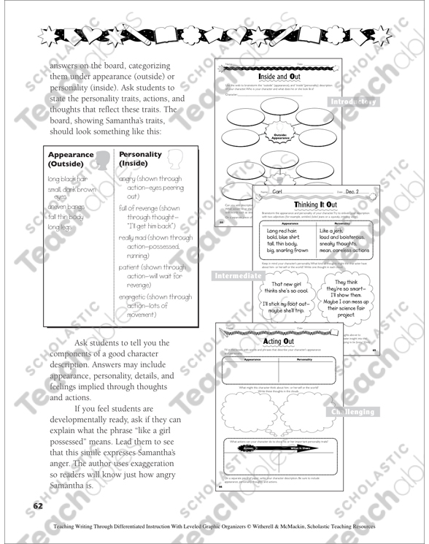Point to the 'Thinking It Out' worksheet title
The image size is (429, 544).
[314, 205]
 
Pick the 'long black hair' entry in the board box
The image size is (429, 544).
[71, 178]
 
